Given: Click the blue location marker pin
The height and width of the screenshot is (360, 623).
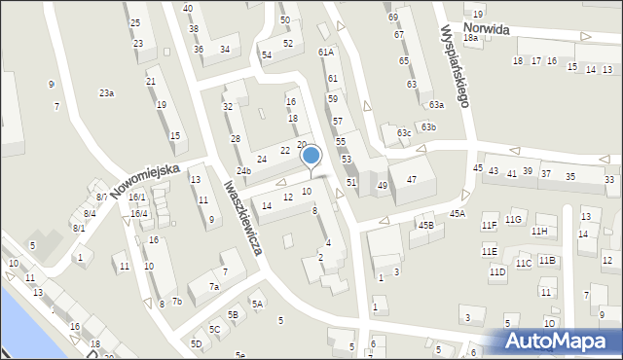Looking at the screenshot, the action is [x=311, y=156].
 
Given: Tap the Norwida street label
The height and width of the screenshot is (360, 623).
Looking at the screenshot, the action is [x=487, y=30].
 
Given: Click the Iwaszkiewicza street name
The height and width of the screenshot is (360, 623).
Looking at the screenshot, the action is [x=243, y=217].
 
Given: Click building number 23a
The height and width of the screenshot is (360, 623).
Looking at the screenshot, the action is [x=106, y=93].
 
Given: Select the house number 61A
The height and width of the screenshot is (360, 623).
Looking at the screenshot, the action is [x=325, y=53].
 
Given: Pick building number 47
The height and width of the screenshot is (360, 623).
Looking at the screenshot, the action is [x=412, y=180].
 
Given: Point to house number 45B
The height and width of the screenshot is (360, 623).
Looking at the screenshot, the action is [x=425, y=226].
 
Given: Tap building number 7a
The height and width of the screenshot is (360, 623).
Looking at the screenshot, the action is [x=214, y=287].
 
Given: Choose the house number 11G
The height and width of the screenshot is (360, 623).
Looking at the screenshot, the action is [x=514, y=220].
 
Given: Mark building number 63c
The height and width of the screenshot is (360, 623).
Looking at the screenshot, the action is [x=404, y=132].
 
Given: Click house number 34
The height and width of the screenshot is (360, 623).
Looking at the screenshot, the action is [x=225, y=49].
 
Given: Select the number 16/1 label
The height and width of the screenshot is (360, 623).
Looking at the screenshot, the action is [x=137, y=198].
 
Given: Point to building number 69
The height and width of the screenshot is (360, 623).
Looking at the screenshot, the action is [x=393, y=18].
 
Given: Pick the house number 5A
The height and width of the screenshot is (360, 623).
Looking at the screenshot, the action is [x=257, y=305].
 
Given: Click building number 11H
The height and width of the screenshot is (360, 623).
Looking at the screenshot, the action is [x=539, y=232].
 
